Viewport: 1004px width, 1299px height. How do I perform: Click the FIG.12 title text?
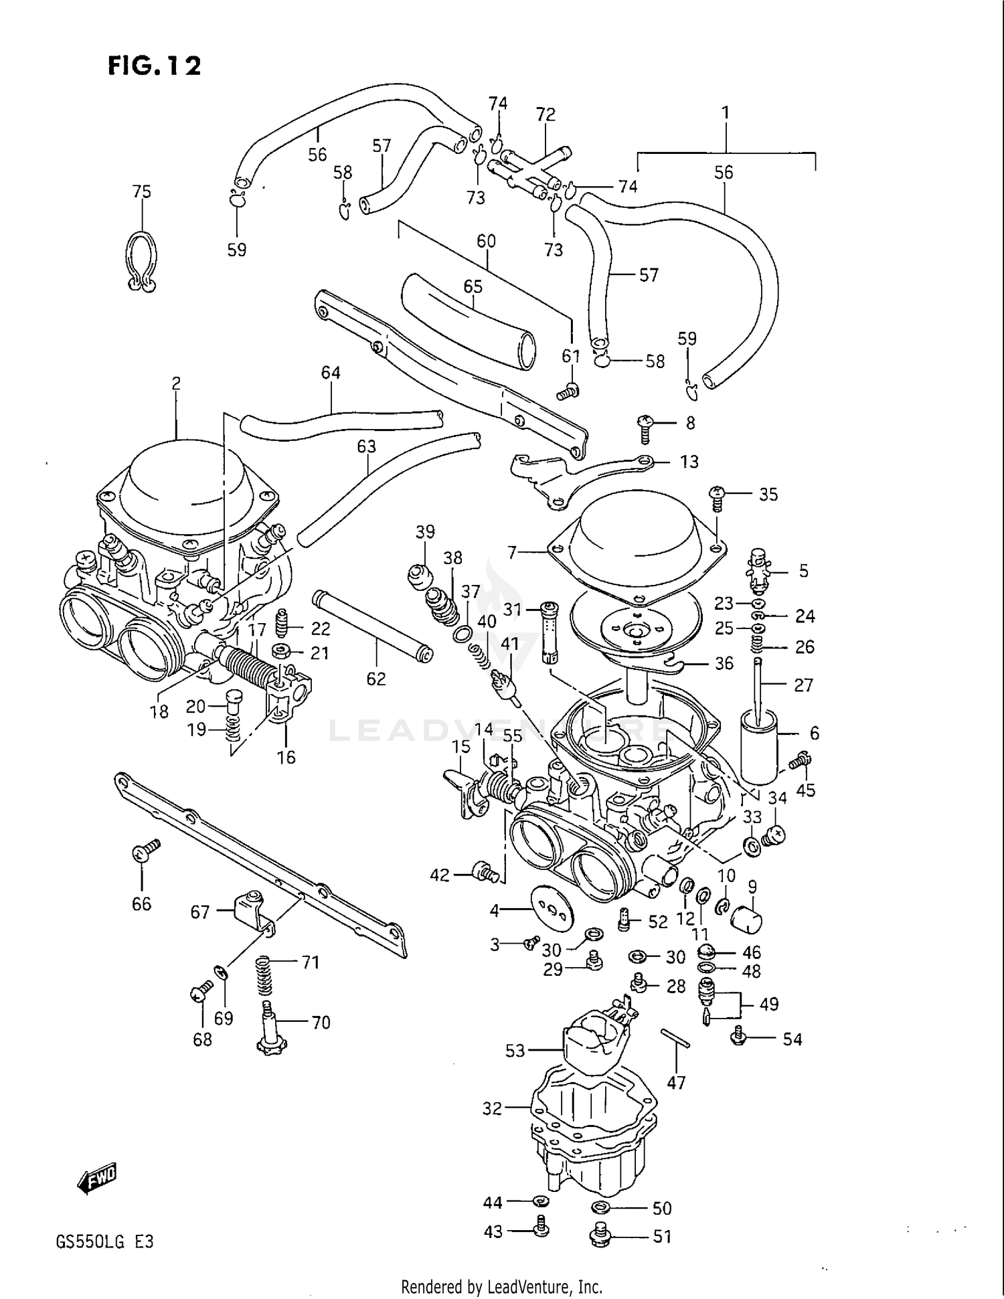pyautogui.click(x=154, y=66)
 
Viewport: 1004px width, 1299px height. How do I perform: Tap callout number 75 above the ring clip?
pyautogui.click(x=142, y=192)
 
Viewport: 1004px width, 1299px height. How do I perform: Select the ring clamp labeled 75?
pyautogui.click(x=141, y=262)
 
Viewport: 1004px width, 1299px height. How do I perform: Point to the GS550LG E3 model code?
pyautogui.click(x=105, y=1242)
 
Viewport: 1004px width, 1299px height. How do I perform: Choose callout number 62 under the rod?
pyautogui.click(x=376, y=679)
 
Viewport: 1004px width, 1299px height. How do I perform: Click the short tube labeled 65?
pyautogui.click(x=469, y=321)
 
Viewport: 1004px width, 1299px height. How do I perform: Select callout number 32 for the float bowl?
pyautogui.click(x=492, y=1109)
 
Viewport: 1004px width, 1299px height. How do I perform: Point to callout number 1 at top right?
pyautogui.click(x=725, y=113)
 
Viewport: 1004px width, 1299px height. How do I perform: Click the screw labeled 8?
pyautogui.click(x=646, y=427)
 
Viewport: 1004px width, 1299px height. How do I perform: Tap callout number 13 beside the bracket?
pyautogui.click(x=689, y=462)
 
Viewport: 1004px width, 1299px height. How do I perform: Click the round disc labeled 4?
pyautogui.click(x=552, y=909)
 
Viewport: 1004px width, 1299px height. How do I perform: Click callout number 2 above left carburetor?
pyautogui.click(x=176, y=383)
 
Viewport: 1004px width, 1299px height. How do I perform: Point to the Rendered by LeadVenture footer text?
pyautogui.click(x=501, y=1286)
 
